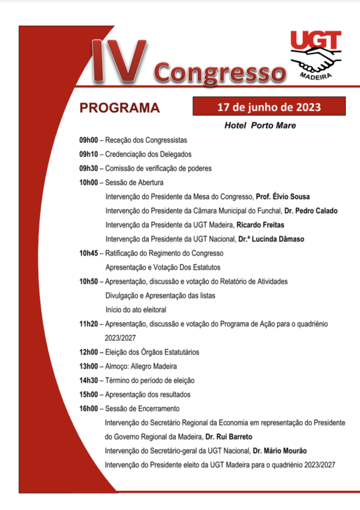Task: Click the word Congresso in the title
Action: (x=220, y=73)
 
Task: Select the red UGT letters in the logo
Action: (x=316, y=40)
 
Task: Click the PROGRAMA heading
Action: (x=120, y=108)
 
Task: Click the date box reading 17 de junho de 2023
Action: (x=269, y=107)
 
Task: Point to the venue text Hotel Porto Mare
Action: (x=260, y=126)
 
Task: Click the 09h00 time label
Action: (x=88, y=140)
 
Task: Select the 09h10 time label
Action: (x=88, y=154)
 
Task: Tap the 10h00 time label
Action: (x=88, y=182)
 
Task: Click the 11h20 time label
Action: (x=88, y=324)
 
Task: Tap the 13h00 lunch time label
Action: (x=88, y=367)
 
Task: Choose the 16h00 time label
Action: (x=88, y=409)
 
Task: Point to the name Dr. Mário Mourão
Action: (x=279, y=451)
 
